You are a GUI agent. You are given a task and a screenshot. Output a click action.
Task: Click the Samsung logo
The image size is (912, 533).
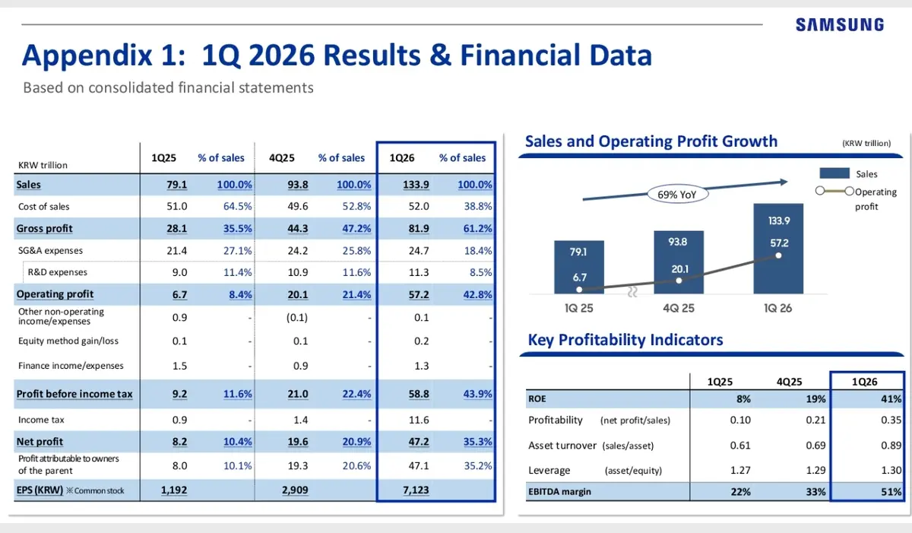840,24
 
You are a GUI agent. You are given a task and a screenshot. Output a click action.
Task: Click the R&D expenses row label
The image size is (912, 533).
57,272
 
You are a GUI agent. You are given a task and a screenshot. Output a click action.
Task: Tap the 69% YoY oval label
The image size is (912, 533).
676,195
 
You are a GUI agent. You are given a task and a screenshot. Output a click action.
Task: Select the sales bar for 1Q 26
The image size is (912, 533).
779,251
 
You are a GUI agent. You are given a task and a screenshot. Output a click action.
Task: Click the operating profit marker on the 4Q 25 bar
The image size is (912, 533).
679,280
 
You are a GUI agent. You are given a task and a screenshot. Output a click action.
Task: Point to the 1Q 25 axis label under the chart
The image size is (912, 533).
579,309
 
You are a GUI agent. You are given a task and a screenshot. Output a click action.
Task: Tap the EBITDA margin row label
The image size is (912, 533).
559,492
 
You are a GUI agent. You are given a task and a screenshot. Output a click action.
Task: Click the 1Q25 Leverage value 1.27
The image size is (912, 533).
740,471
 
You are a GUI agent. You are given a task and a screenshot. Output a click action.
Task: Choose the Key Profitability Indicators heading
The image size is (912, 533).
625,340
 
